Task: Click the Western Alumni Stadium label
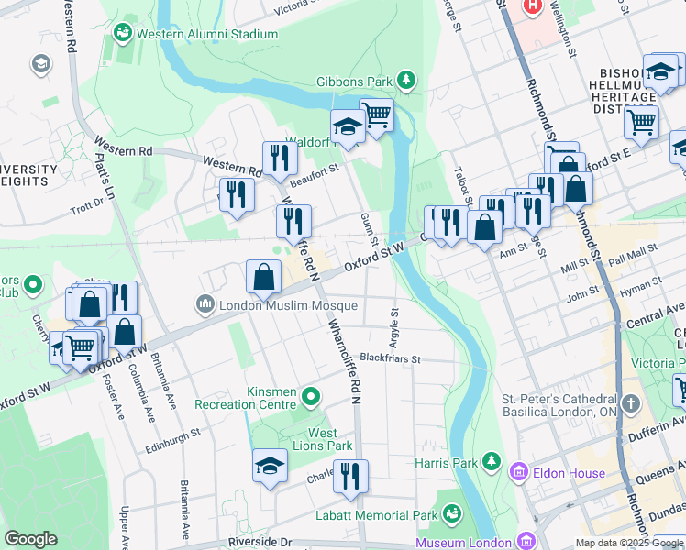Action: [207, 35]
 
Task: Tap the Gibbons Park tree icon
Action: [409, 82]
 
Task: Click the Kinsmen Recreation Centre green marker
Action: [311, 397]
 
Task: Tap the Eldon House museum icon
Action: [518, 473]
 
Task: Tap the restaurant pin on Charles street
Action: [350, 475]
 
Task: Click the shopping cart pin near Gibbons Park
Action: [376, 115]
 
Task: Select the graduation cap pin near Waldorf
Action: [348, 126]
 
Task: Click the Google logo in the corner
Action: [30, 539]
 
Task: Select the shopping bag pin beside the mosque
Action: [263, 276]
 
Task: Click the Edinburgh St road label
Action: [173, 439]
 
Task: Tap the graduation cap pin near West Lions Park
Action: [270, 467]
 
